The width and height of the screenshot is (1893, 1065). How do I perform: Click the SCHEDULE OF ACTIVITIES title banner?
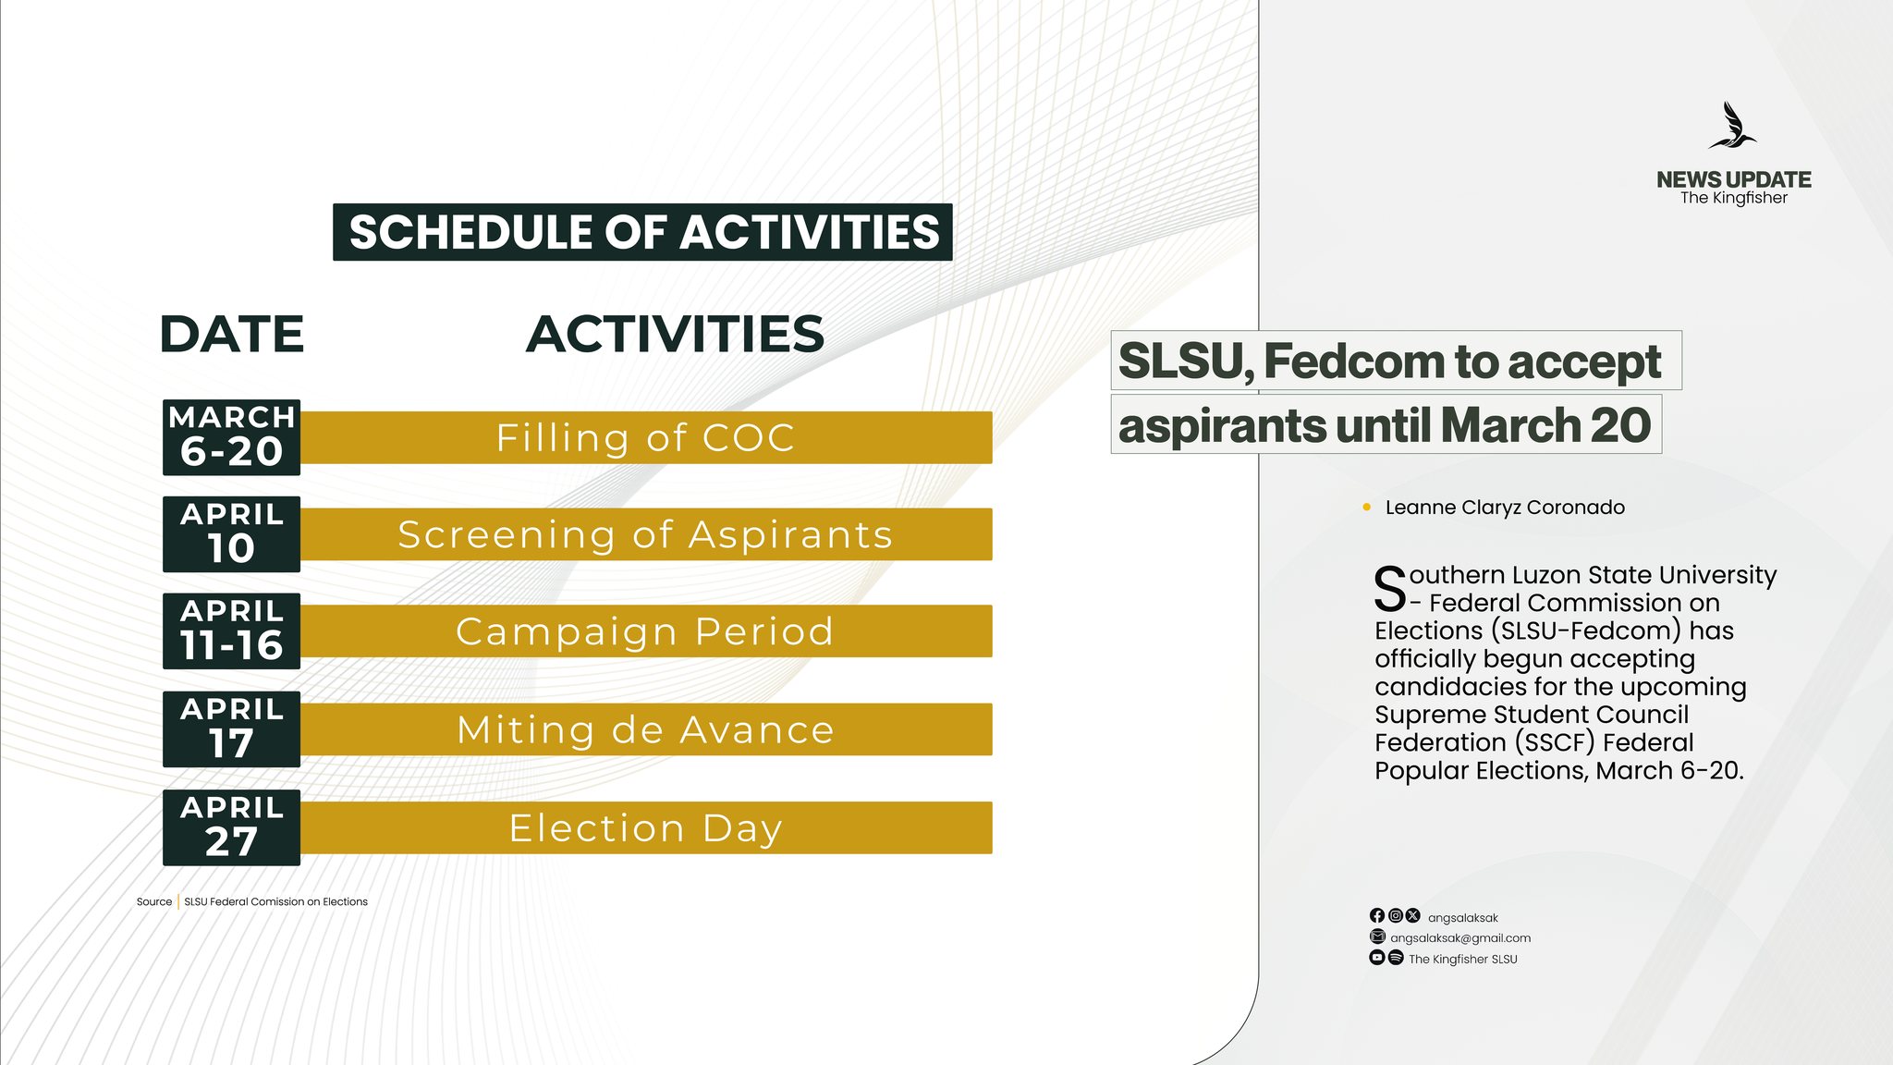click(642, 232)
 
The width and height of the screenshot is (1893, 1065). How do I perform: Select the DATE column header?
click(231, 334)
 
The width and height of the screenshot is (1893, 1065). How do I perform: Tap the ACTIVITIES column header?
click(675, 334)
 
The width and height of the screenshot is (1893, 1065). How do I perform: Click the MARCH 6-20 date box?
click(231, 437)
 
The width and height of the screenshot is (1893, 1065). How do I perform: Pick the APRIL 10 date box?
click(231, 534)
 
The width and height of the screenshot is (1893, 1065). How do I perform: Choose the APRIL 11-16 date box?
click(231, 631)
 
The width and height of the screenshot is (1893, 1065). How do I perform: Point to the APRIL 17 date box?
click(231, 729)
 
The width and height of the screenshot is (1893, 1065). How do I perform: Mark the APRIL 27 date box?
click(231, 827)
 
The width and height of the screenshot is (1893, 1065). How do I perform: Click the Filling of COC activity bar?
click(645, 437)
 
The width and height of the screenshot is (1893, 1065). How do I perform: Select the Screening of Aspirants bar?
click(645, 534)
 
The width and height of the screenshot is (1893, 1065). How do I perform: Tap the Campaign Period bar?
click(645, 631)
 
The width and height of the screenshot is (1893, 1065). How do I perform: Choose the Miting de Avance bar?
click(645, 729)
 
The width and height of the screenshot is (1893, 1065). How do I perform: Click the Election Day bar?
click(645, 827)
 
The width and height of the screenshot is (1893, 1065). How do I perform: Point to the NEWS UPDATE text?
click(1733, 179)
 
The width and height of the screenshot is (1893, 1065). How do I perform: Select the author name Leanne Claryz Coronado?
click(1505, 508)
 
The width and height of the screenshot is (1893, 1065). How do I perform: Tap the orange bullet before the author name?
click(1366, 507)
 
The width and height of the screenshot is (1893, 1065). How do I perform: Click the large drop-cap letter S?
click(1389, 589)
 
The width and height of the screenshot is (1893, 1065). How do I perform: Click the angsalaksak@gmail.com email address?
click(1460, 937)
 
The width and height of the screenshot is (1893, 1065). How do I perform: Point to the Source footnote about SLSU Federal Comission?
click(252, 901)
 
